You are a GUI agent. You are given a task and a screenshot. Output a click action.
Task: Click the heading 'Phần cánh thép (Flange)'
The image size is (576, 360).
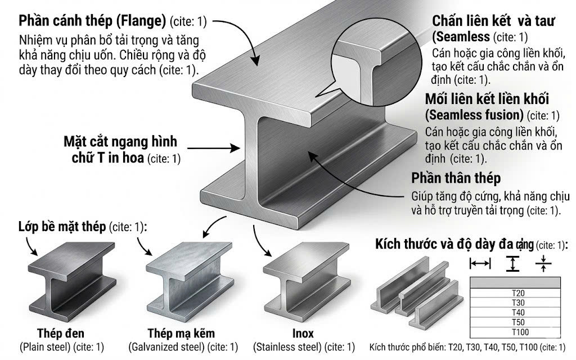tap(93, 21)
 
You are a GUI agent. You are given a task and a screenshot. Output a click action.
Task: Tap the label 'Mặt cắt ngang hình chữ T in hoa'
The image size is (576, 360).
tap(120, 150)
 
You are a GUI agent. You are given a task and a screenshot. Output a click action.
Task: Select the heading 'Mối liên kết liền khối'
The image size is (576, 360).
tap(487, 99)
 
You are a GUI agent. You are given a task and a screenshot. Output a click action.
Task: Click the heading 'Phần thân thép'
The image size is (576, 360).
tap(456, 178)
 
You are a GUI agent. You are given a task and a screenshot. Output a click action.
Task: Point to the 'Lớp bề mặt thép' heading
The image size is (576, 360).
tap(62, 227)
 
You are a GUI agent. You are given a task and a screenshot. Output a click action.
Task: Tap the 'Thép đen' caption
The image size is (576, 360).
tap(61, 333)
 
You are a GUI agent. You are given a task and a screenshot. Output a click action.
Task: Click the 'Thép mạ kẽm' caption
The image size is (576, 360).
tap(181, 333)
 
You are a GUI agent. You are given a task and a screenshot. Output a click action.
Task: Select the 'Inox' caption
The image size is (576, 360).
tap(303, 333)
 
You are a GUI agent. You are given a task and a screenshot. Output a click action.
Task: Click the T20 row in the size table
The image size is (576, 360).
tap(515, 293)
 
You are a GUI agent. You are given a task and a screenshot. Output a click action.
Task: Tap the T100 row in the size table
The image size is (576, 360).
tap(515, 332)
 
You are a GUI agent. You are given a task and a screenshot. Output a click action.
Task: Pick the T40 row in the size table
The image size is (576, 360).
tap(515, 313)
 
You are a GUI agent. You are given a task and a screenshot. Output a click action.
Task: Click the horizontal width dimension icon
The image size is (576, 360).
tap(480, 263)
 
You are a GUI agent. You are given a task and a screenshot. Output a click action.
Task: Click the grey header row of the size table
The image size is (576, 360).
tap(515, 282)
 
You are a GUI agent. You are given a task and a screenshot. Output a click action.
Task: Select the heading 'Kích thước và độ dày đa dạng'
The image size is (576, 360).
tap(454, 244)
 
